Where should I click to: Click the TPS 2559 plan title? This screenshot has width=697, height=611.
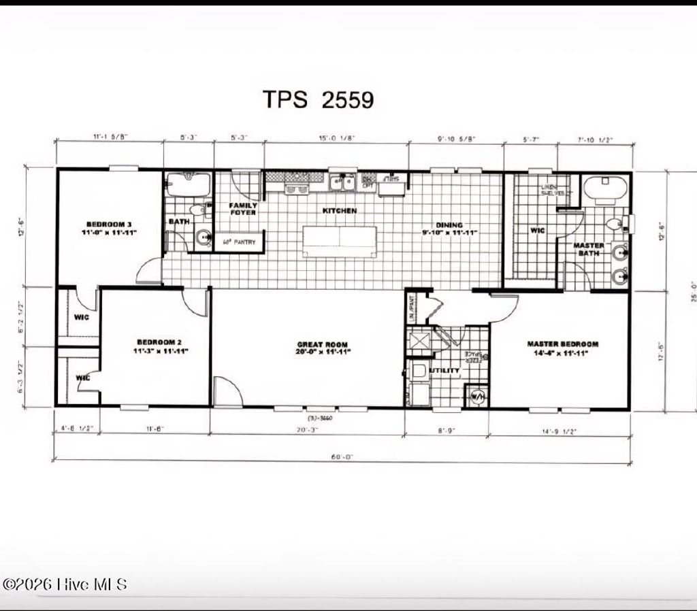pyautogui.click(x=319, y=100)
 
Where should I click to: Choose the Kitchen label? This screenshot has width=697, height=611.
pyautogui.click(x=340, y=211)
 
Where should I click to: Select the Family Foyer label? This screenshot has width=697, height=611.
pyautogui.click(x=243, y=209)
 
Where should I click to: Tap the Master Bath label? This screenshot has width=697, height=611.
pyautogui.click(x=589, y=250)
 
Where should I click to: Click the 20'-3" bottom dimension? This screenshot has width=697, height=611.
pyautogui.click(x=306, y=430)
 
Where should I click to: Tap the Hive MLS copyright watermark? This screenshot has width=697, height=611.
pyautogui.click(x=65, y=584)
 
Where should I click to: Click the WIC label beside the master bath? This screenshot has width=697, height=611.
pyautogui.click(x=537, y=231)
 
